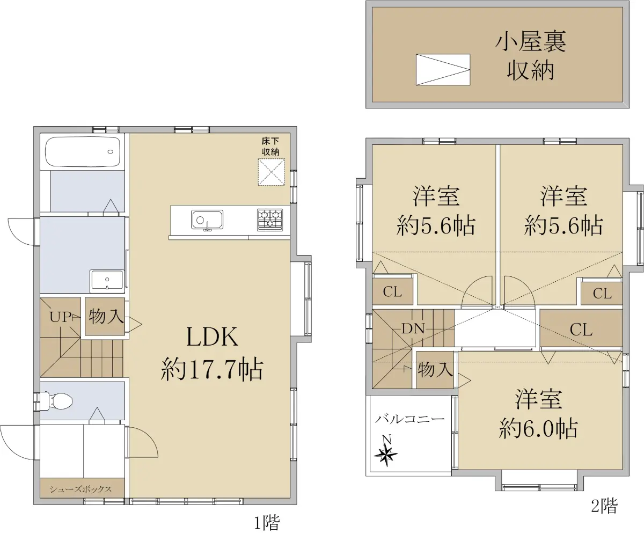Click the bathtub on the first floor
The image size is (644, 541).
[x=83, y=152]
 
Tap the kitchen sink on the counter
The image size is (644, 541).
[x=207, y=220]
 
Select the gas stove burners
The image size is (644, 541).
[x=270, y=220]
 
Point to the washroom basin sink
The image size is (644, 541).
[x=107, y=281]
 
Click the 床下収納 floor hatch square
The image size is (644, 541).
[x=272, y=172]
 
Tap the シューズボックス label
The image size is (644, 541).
[x=81, y=489]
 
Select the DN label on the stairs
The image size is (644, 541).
[x=413, y=329]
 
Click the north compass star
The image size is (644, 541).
[x=385, y=454]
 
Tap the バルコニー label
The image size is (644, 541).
[x=410, y=419]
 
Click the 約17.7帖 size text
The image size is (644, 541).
[x=212, y=369]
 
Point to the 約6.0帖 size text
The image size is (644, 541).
[x=538, y=428]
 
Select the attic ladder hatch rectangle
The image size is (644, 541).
[x=443, y=69]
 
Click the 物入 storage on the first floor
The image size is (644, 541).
[x=105, y=316]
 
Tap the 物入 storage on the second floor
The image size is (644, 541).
[x=435, y=370]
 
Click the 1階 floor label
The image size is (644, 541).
[x=267, y=522]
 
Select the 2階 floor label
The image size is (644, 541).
[x=604, y=506]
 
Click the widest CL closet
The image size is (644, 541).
[x=581, y=329]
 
